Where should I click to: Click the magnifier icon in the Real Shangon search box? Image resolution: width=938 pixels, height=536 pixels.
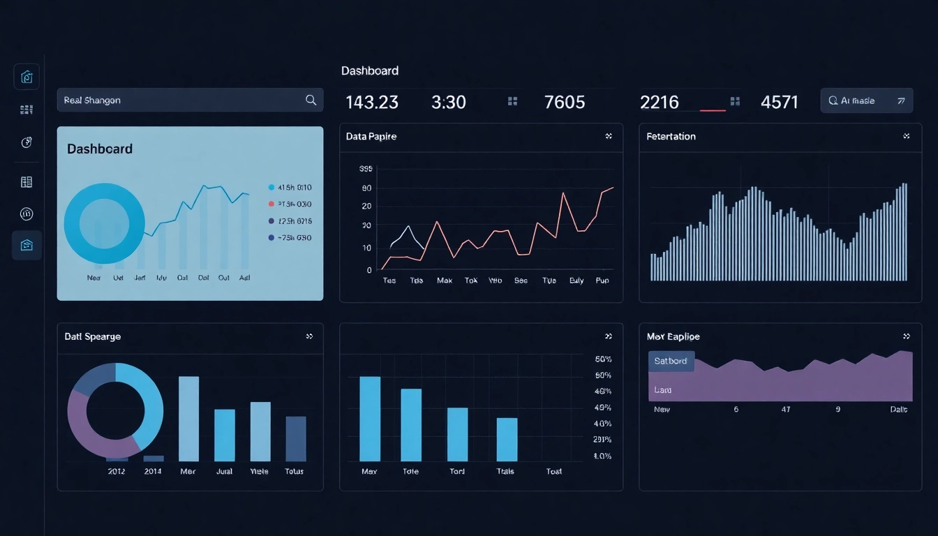tap(311, 100)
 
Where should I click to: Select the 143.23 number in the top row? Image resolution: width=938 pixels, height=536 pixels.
tap(372, 102)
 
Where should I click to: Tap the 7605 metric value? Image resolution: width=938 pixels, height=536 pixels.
tap(564, 102)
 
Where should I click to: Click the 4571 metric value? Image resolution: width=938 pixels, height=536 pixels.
tap(779, 102)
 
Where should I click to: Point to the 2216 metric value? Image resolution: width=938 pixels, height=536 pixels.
tap(659, 102)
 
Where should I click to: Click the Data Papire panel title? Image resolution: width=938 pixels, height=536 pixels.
tap(371, 137)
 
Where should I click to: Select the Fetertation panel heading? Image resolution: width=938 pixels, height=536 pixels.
tap(671, 137)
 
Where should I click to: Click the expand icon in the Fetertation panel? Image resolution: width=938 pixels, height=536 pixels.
tap(906, 136)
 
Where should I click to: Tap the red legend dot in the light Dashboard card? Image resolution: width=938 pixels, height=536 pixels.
tap(271, 204)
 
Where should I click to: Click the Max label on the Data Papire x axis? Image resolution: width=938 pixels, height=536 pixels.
tap(445, 281)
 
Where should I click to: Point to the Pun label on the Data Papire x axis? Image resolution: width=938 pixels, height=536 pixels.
tap(602, 281)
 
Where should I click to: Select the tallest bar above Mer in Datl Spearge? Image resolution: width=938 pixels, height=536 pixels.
tap(188, 419)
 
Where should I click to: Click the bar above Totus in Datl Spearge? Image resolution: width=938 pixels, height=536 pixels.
tap(296, 438)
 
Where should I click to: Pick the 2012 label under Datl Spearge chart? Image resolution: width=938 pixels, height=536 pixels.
tap(117, 471)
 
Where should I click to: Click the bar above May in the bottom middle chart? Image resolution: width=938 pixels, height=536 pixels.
tap(370, 419)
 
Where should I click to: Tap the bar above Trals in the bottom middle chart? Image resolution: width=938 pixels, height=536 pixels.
tap(507, 439)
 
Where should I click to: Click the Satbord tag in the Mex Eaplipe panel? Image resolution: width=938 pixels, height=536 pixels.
tap(671, 361)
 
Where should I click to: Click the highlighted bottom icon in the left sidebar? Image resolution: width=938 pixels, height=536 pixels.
tap(27, 245)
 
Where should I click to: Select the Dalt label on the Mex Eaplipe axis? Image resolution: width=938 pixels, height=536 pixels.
tap(899, 410)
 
